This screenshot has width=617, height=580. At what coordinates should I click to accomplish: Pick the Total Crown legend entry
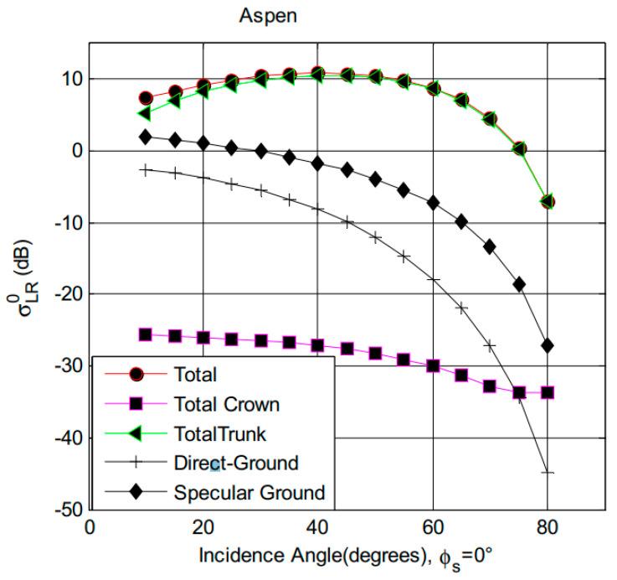(x=226, y=405)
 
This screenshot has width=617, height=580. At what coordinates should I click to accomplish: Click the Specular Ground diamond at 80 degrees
(x=548, y=345)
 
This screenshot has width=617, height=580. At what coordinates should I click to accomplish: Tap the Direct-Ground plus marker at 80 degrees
(x=548, y=473)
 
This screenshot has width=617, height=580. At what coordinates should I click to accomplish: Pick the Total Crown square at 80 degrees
(x=548, y=392)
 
